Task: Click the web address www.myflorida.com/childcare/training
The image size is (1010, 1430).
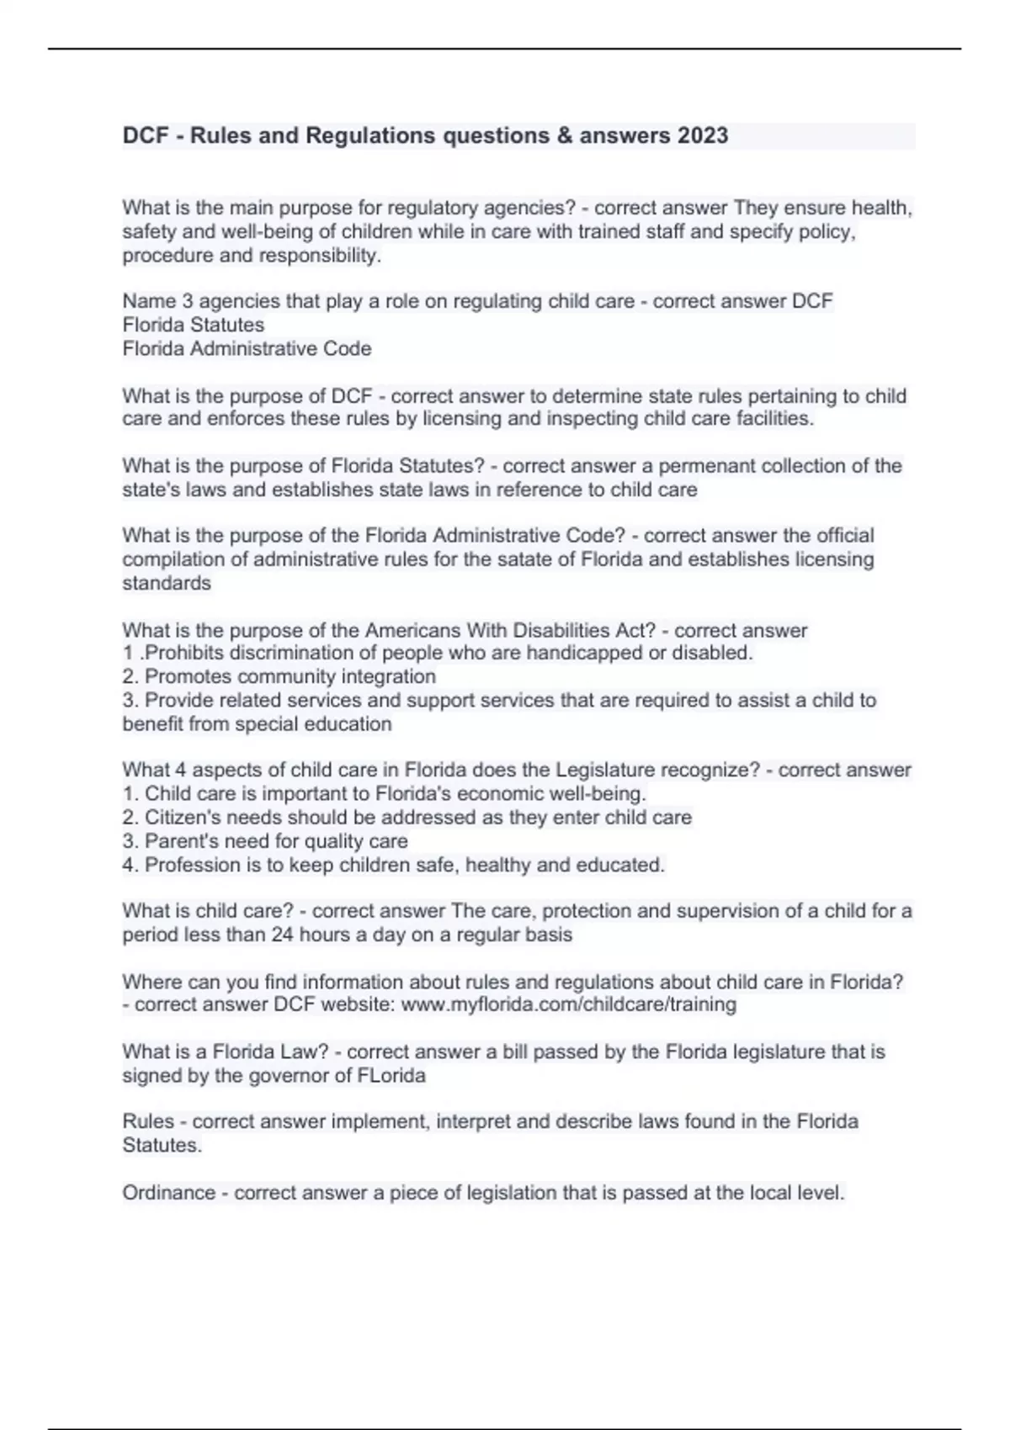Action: point(569,1004)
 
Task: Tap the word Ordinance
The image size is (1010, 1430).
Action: point(168,1193)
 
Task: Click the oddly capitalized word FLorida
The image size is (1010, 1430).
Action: point(388,1076)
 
